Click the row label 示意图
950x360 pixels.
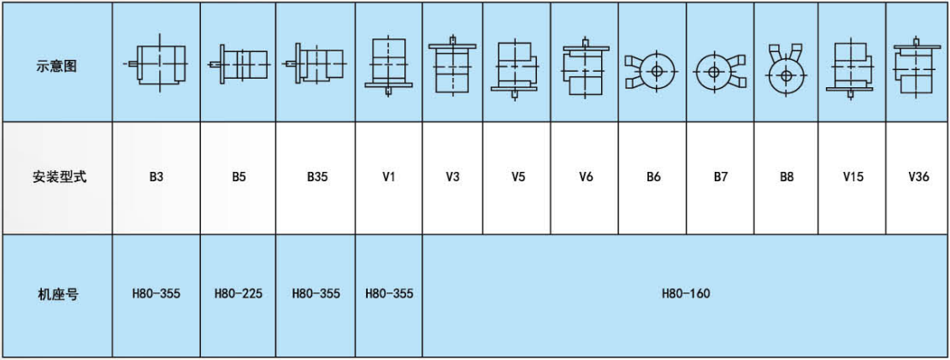[56, 65]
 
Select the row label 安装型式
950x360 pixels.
[56, 178]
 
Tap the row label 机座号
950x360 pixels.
[56, 294]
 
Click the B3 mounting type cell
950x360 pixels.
[156, 178]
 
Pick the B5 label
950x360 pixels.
[238, 178]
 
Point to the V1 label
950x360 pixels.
[388, 178]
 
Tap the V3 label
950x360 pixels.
[452, 178]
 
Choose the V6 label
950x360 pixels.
[586, 178]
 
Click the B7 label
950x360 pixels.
[720, 178]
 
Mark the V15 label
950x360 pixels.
[853, 178]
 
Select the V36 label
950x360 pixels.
[918, 178]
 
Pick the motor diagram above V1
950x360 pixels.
[388, 64]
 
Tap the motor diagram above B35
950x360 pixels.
[316, 64]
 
